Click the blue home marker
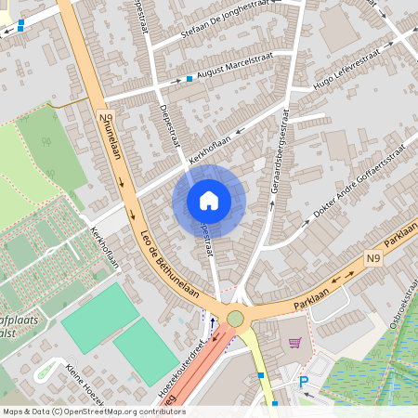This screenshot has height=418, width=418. coord(209,200)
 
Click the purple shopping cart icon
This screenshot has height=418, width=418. coord(295,344)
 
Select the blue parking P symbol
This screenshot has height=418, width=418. coord(303,382)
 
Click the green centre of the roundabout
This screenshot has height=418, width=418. coord(235,319)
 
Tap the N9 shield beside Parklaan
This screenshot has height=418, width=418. coord(373,257)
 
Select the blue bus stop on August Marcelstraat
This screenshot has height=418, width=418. coord(189,78)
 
